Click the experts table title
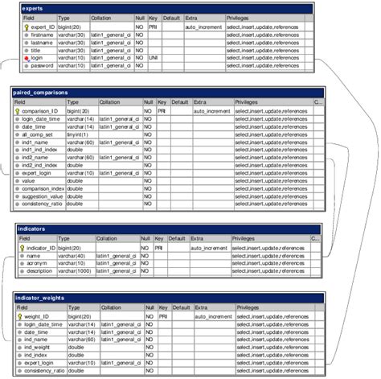coord(35,8)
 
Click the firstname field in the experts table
coord(43,35)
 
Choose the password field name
coord(43,66)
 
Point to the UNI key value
coord(153,58)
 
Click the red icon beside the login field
coord(27,58)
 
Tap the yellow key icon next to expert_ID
coord(27,27)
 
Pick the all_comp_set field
coord(39,134)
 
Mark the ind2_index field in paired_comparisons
coord(39,165)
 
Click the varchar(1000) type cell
coord(80,271)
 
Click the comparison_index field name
coord(45,188)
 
